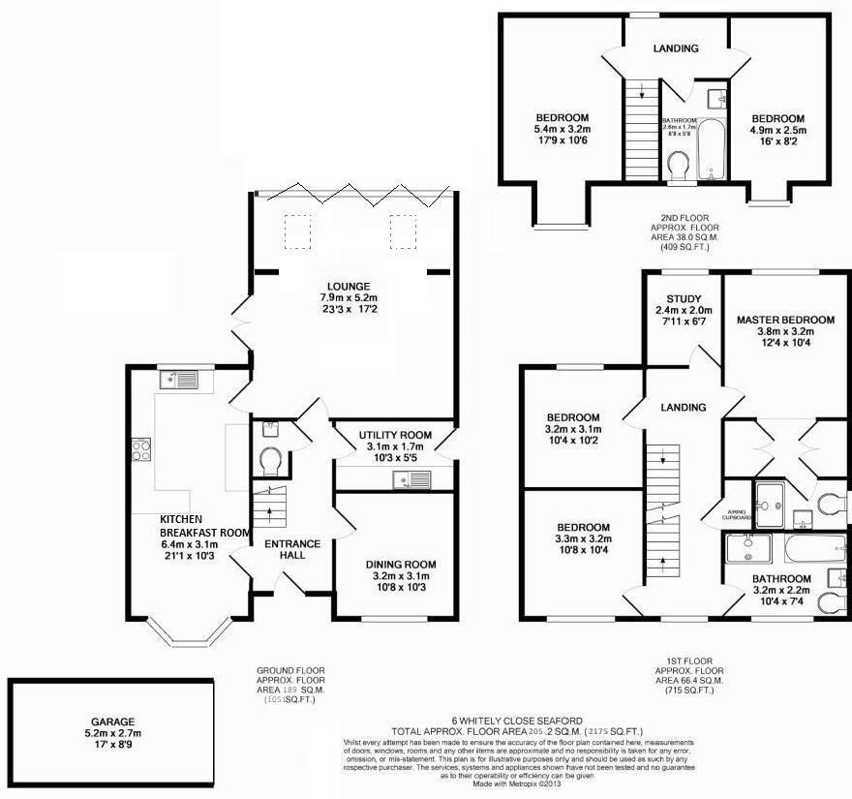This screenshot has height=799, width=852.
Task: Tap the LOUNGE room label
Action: (x=349, y=286)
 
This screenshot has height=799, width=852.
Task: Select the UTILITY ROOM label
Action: (x=381, y=435)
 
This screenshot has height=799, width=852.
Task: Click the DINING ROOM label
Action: (x=400, y=565)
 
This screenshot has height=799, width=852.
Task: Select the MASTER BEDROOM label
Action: (x=785, y=320)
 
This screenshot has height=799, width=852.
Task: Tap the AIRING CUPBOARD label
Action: (x=738, y=514)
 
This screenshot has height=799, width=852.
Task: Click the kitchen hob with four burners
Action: (x=139, y=449)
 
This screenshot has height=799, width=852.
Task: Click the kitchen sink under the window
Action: (x=181, y=379)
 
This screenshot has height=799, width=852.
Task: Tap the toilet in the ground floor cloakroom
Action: (x=270, y=457)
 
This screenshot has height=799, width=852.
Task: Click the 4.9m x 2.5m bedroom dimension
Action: (x=777, y=130)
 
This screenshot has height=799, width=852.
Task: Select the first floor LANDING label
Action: (x=684, y=408)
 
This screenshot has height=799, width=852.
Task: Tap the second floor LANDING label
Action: (x=675, y=47)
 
